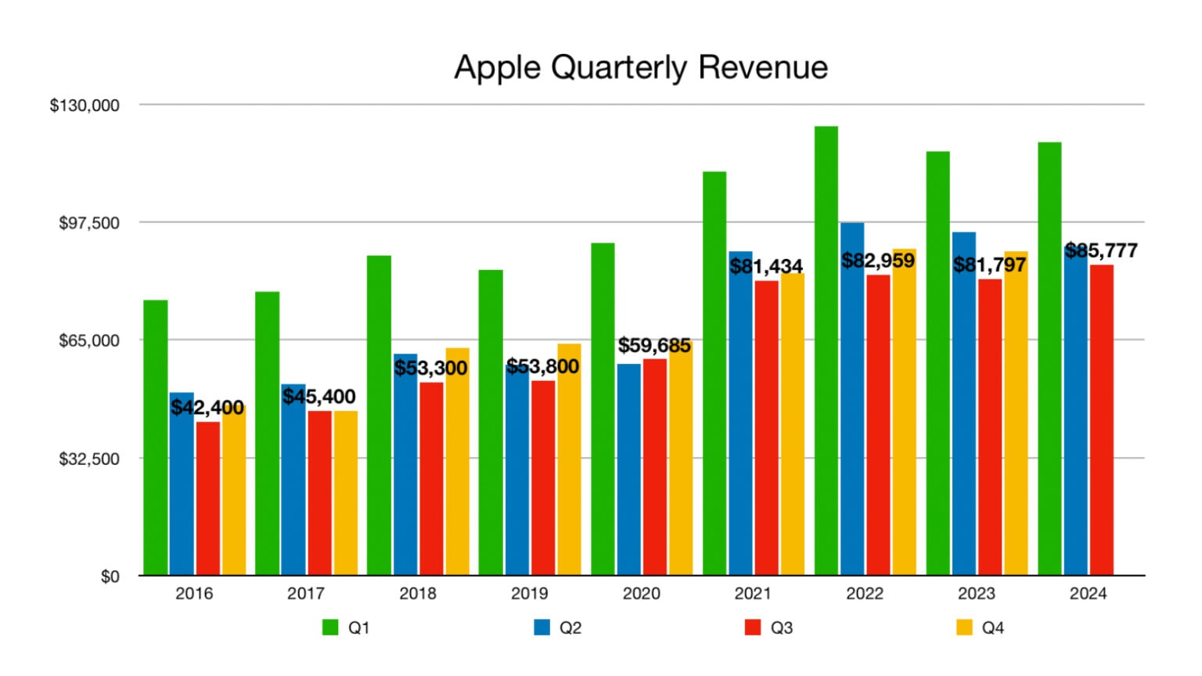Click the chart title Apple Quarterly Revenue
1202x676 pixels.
pyautogui.click(x=640, y=67)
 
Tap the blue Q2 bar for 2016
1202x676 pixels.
pyautogui.click(x=182, y=493)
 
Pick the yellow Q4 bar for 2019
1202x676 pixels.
pyautogui.click(x=569, y=469)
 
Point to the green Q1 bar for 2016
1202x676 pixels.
pyautogui.click(x=155, y=437)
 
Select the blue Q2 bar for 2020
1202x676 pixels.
pyautogui.click(x=628, y=469)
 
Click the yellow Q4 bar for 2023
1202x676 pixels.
pyautogui.click(x=1016, y=422)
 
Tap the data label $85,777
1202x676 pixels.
pyautogui.click(x=1101, y=250)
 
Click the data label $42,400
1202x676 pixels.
pyautogui.click(x=207, y=408)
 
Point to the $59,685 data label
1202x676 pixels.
pyautogui.click(x=654, y=345)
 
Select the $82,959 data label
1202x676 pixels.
pyautogui.click(x=878, y=261)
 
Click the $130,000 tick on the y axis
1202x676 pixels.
pyautogui.click(x=85, y=106)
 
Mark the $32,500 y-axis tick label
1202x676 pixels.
pyautogui.click(x=89, y=458)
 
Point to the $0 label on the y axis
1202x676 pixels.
pyautogui.click(x=110, y=577)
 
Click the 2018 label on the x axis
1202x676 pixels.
pyautogui.click(x=417, y=594)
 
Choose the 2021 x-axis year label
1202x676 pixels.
pyautogui.click(x=752, y=594)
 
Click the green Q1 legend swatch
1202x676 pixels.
pyautogui.click(x=330, y=627)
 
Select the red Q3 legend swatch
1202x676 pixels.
pyautogui.click(x=753, y=627)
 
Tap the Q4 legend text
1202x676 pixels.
pyautogui.click(x=992, y=627)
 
